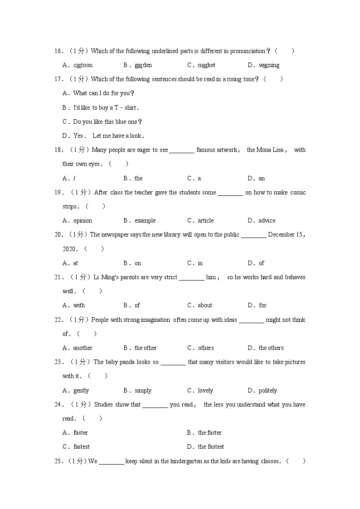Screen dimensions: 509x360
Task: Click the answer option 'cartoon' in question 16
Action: (83, 65)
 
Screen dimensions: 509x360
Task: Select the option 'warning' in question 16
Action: (269, 65)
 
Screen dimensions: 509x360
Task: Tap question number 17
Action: (58, 79)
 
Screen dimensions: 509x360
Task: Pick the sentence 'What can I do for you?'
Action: (104, 93)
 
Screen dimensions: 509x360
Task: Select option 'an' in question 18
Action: (262, 179)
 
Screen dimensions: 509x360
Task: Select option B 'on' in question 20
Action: (138, 263)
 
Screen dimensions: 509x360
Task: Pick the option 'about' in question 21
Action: (205, 305)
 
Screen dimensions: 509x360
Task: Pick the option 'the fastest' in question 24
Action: (211, 447)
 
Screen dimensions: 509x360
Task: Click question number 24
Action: (58, 405)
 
